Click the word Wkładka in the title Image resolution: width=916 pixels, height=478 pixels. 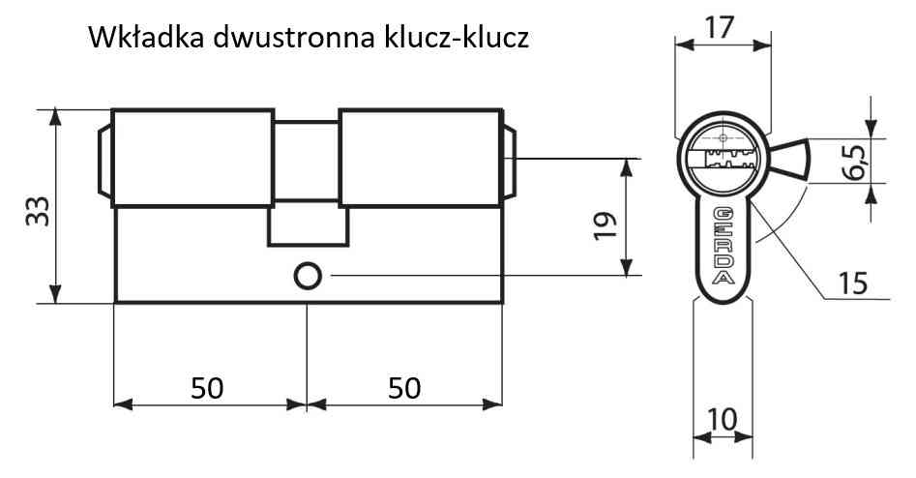point(146,38)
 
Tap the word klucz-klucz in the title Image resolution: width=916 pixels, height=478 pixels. point(457,38)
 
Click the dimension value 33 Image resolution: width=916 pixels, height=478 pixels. point(38,211)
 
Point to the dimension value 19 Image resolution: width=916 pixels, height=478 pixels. point(606,225)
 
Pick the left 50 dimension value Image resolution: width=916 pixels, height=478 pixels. point(207,388)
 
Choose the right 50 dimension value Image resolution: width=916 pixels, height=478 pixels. point(404,388)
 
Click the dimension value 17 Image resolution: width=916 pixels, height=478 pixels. point(719,27)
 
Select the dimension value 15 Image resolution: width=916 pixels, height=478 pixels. point(853,284)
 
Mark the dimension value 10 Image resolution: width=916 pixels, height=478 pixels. point(723,420)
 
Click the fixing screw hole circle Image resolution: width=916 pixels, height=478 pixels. point(308,276)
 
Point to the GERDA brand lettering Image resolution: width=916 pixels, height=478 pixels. point(724,246)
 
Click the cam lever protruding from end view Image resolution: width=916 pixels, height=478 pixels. point(788,159)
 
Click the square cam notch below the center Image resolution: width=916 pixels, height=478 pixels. point(308,225)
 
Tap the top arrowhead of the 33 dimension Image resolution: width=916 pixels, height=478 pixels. point(55,117)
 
